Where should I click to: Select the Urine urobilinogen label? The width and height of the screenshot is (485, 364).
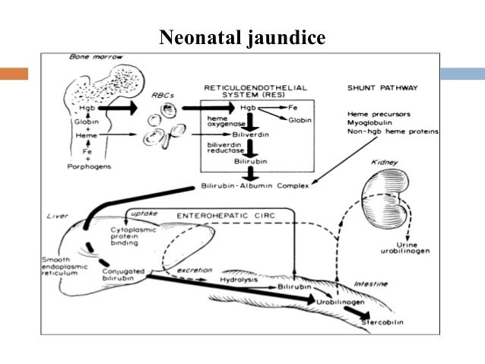415,245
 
